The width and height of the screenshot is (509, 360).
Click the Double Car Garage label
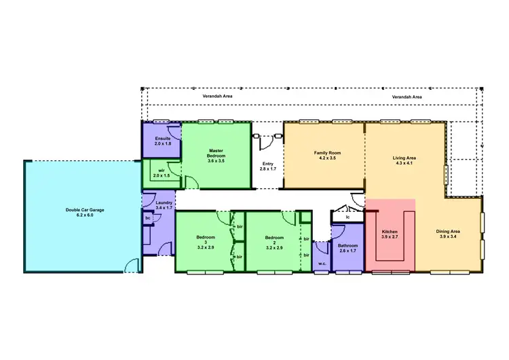click(83, 210)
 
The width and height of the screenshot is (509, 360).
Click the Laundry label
click(164, 202)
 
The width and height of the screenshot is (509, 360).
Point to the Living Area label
click(404, 158)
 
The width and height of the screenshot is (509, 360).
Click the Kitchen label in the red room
click(390, 232)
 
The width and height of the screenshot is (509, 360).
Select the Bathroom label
click(348, 245)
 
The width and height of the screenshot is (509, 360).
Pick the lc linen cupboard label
click(347, 217)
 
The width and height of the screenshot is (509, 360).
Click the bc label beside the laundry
click(147, 218)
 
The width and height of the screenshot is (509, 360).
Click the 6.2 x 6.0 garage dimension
click(83, 215)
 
